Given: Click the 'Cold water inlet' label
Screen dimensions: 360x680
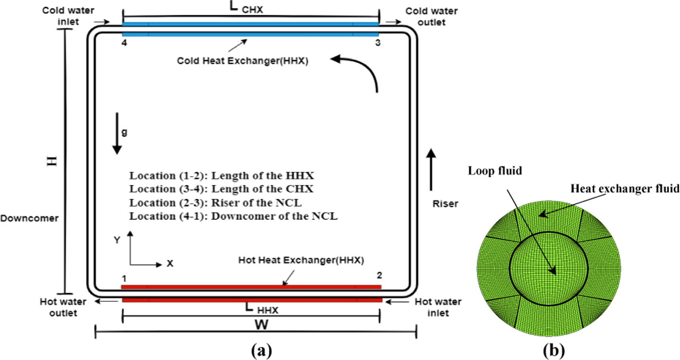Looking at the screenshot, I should (x=68, y=16).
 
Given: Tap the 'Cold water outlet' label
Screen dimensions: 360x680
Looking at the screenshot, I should (x=431, y=16).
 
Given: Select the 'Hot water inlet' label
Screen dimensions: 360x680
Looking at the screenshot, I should (x=438, y=307).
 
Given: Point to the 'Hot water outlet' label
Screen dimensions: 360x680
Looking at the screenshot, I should (x=63, y=307).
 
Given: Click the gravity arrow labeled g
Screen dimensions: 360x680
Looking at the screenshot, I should (x=117, y=133).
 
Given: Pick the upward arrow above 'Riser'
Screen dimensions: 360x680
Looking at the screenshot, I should (x=431, y=170).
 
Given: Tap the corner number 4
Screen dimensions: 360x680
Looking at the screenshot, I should (x=124, y=43).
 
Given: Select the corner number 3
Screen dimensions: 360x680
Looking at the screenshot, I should (x=378, y=43).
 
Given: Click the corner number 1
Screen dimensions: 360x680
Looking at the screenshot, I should (x=124, y=278).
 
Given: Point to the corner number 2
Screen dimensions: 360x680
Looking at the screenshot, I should (x=379, y=275).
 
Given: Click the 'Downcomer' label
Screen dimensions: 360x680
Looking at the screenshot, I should (x=29, y=218).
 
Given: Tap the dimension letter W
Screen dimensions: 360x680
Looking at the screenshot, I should (x=261, y=325).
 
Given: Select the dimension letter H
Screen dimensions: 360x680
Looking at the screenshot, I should (x=52, y=161).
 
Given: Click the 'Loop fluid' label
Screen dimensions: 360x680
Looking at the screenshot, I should (x=495, y=171).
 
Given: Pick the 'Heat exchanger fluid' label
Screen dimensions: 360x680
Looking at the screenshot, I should (x=625, y=189).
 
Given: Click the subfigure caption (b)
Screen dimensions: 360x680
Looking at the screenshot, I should (x=553, y=350).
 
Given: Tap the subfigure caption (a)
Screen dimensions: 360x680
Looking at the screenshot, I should (x=261, y=350).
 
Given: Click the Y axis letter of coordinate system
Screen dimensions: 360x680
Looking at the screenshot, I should (x=117, y=240).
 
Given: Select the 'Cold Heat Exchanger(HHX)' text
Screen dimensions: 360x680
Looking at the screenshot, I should (x=242, y=61).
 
